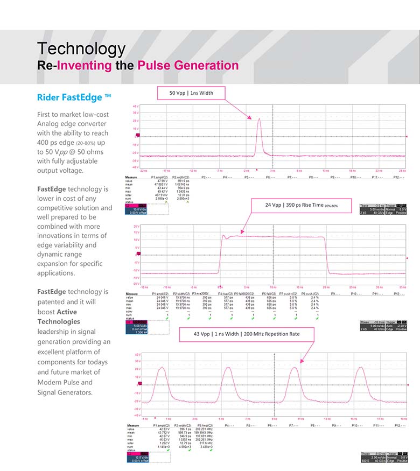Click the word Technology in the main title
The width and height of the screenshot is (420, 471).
[x=81, y=49]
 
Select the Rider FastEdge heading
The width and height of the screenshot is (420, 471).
[x=74, y=97]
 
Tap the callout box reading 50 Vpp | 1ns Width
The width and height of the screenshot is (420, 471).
[x=191, y=93]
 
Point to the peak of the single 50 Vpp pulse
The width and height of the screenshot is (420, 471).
[x=260, y=119]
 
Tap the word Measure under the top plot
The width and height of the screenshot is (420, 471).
[x=132, y=177]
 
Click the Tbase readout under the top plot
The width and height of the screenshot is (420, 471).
[x=369, y=206]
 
